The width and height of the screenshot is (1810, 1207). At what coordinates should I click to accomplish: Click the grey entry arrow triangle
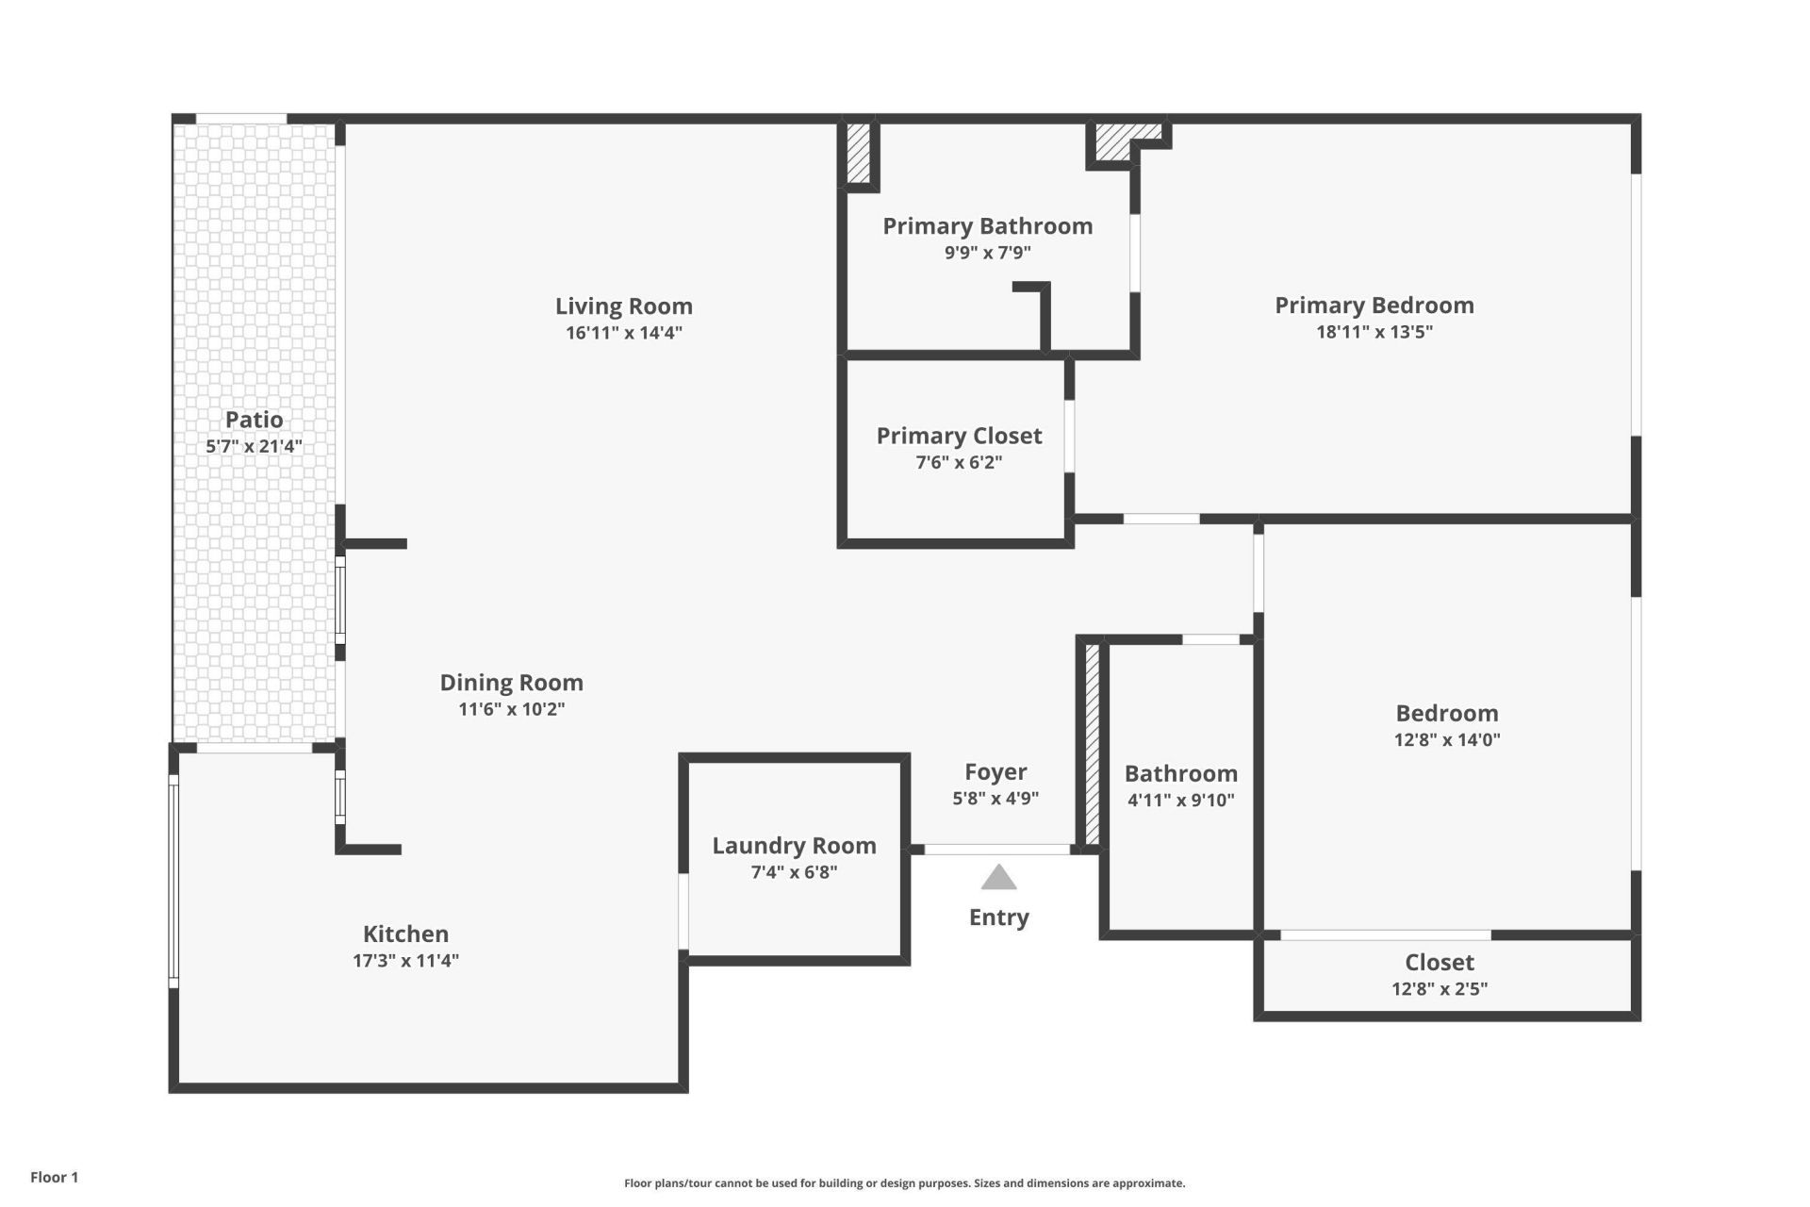[x=998, y=879]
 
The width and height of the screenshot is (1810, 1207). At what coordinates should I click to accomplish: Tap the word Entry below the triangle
[x=998, y=918]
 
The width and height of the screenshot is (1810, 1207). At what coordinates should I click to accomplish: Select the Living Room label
[x=623, y=306]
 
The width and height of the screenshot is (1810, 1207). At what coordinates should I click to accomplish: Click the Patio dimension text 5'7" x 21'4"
[x=254, y=446]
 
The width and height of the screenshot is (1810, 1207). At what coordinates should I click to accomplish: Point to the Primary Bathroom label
[x=987, y=226]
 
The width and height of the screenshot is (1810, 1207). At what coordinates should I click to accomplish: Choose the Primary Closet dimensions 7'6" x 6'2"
[x=959, y=462]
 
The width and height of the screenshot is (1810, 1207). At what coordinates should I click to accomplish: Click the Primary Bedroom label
[x=1374, y=306]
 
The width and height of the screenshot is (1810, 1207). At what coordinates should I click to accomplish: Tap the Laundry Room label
[x=794, y=846]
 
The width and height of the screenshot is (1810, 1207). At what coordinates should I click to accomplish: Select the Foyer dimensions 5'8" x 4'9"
[x=995, y=798]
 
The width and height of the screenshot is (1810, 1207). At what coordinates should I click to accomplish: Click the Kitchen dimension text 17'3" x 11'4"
[x=405, y=960]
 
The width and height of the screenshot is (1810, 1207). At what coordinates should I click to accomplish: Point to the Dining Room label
[x=511, y=683]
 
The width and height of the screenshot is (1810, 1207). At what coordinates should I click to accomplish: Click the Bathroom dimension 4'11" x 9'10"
[x=1180, y=800]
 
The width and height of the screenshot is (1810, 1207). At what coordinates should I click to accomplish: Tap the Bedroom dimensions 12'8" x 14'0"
[x=1446, y=739]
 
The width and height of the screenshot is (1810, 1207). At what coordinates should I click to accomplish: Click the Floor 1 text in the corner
[x=54, y=1177]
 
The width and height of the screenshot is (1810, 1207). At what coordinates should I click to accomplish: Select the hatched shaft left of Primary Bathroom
[x=858, y=153]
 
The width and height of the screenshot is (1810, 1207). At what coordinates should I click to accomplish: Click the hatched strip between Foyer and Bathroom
[x=1093, y=745]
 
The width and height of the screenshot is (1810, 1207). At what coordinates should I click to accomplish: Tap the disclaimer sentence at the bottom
[x=904, y=1183]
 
